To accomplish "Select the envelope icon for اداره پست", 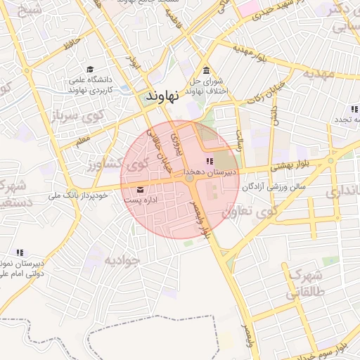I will coord(140,190).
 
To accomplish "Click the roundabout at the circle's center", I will coord(190,180).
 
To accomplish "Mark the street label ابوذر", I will coord(135,62).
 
